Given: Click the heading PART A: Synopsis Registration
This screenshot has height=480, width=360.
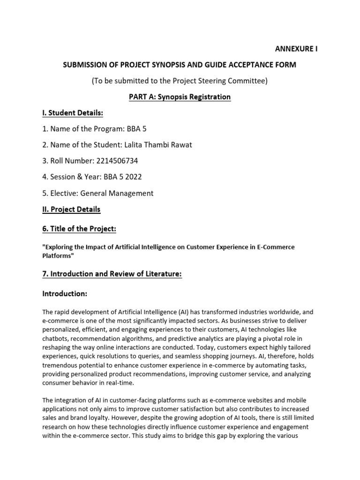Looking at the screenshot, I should pyautogui.click(x=180, y=97).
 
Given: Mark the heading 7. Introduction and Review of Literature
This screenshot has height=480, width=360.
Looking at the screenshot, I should pyautogui.click(x=112, y=274).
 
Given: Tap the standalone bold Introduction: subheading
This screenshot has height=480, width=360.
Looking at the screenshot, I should pyautogui.click(x=65, y=294).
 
